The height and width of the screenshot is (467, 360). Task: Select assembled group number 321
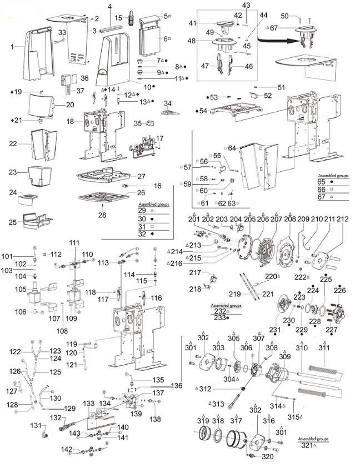(x=308, y=445)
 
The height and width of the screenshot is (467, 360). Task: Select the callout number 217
(x=196, y=272)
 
